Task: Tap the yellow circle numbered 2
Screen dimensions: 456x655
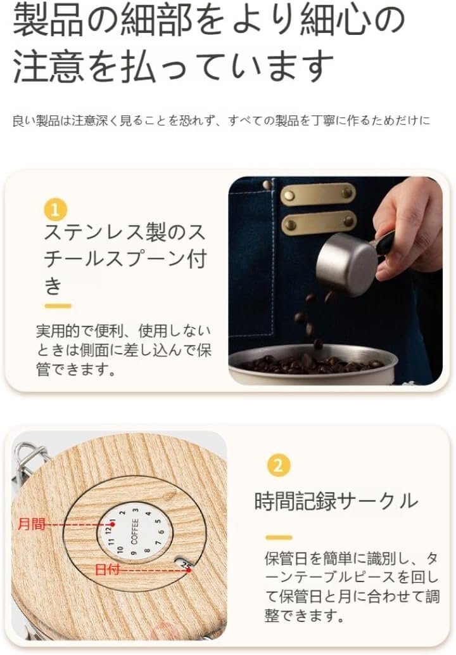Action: [278, 465]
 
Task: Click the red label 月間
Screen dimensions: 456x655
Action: [31, 523]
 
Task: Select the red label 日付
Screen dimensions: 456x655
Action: [107, 569]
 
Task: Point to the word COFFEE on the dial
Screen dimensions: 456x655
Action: [134, 532]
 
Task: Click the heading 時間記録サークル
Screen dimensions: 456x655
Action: [336, 500]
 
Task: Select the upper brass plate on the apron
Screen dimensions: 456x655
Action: [318, 194]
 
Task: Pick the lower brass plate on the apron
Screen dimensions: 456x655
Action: [319, 223]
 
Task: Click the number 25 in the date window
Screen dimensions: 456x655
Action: [187, 566]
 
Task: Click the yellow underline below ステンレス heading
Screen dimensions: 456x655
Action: [58, 306]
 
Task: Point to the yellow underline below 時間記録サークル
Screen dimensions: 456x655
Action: [279, 537]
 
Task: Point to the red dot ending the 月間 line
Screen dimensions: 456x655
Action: [112, 524]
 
